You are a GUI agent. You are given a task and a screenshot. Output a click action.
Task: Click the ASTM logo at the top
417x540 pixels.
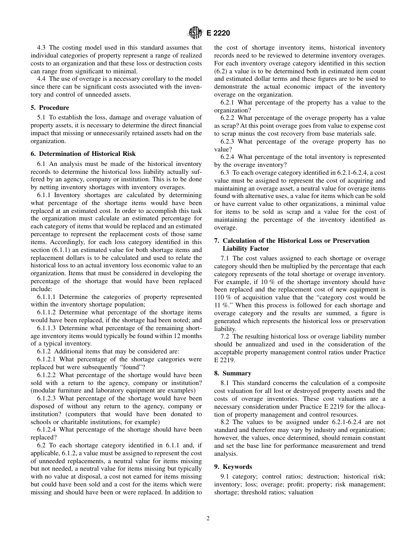pyautogui.click(x=194, y=32)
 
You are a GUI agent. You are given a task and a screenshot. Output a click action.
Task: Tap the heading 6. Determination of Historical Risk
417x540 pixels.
pyautogui.click(x=83, y=154)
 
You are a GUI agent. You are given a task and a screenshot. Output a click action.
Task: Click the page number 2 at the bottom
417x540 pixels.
pyautogui.click(x=208, y=518)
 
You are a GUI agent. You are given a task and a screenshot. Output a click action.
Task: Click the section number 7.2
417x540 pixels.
pyautogui.click(x=225, y=336)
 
